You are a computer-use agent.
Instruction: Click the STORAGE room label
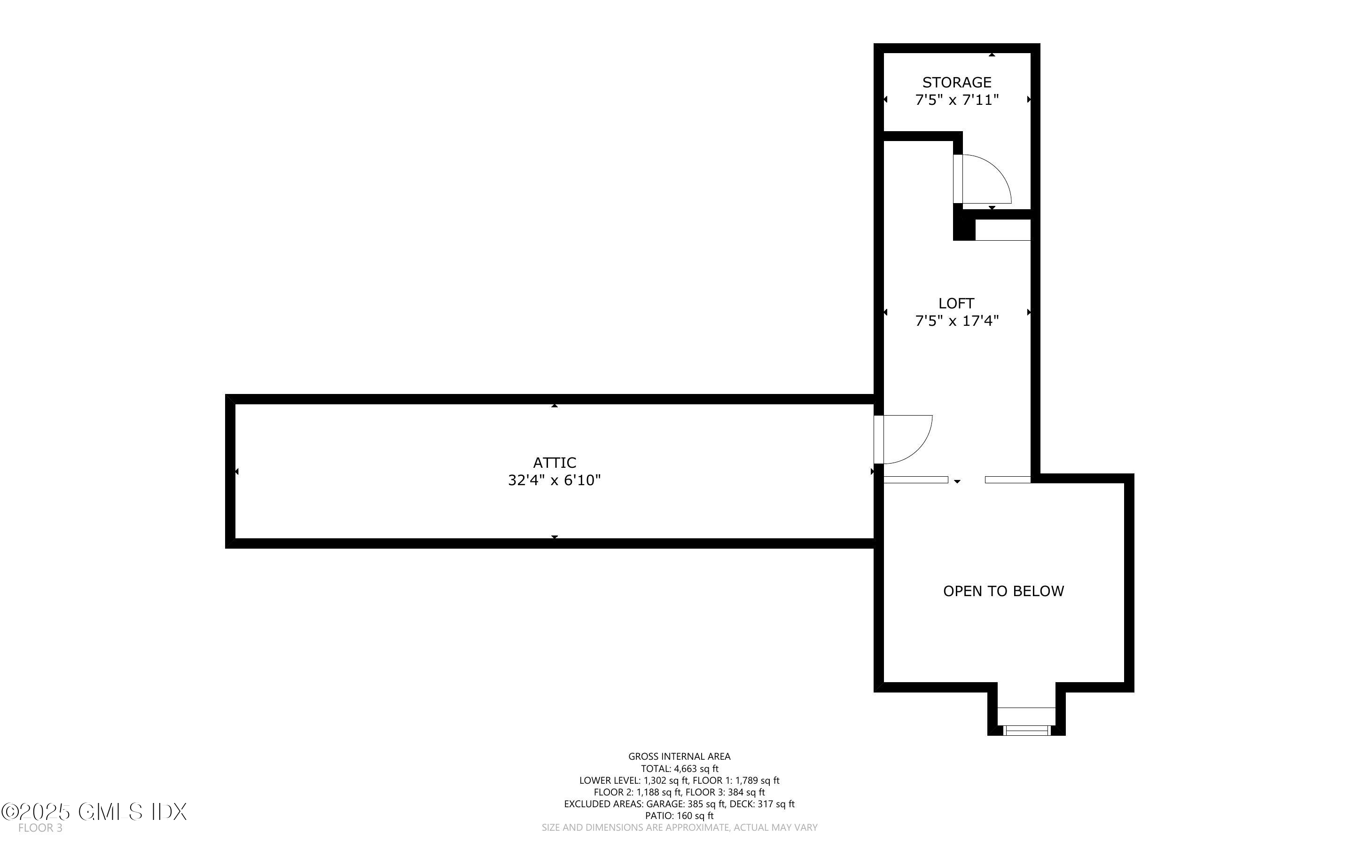click(x=956, y=83)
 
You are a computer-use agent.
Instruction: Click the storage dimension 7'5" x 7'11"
click(x=957, y=100)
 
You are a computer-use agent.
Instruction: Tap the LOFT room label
click(x=956, y=304)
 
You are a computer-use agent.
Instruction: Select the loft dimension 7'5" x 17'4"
click(x=957, y=321)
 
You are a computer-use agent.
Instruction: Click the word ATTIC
click(x=555, y=463)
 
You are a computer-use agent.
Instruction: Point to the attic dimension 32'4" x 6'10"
click(x=555, y=480)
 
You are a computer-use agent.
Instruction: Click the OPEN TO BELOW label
click(x=1003, y=591)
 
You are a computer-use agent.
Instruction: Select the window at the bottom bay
click(x=1026, y=730)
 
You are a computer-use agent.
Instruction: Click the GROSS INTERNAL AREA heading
click(x=679, y=757)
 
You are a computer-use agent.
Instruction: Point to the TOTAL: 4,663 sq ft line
click(x=679, y=769)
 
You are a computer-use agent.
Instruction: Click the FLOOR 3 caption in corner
click(x=40, y=828)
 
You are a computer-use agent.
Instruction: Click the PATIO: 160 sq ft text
click(x=679, y=816)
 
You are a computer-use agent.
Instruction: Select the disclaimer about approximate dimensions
click(x=679, y=827)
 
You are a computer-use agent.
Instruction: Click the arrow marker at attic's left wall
click(x=236, y=472)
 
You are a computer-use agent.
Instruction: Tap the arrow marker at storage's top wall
click(x=992, y=55)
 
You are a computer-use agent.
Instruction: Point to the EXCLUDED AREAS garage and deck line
click(x=679, y=804)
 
